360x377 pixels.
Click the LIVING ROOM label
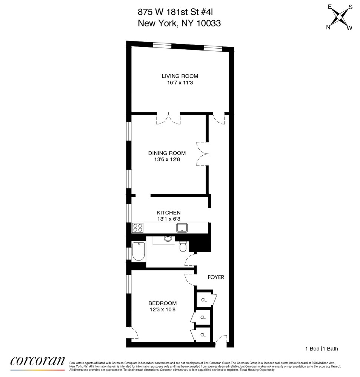coord(180,76)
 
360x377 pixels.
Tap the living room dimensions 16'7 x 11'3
coord(180,83)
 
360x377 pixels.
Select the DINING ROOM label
coord(167,153)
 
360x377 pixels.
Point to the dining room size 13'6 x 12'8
coord(167,159)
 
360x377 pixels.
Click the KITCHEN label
coord(169,213)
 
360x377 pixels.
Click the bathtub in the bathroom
coord(138,251)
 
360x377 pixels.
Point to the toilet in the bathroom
coord(183,247)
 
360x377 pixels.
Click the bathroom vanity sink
coord(168,239)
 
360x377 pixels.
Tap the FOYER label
coord(216,277)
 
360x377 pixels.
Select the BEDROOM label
coord(162,303)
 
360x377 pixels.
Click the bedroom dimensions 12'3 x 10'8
coord(162,310)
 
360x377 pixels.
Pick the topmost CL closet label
coord(204,300)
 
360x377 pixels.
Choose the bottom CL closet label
coord(203,335)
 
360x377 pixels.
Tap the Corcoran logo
coord(37,361)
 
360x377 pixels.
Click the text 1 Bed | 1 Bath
coord(321,349)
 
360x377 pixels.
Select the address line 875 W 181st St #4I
coord(179,12)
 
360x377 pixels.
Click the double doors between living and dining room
coord(169,118)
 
